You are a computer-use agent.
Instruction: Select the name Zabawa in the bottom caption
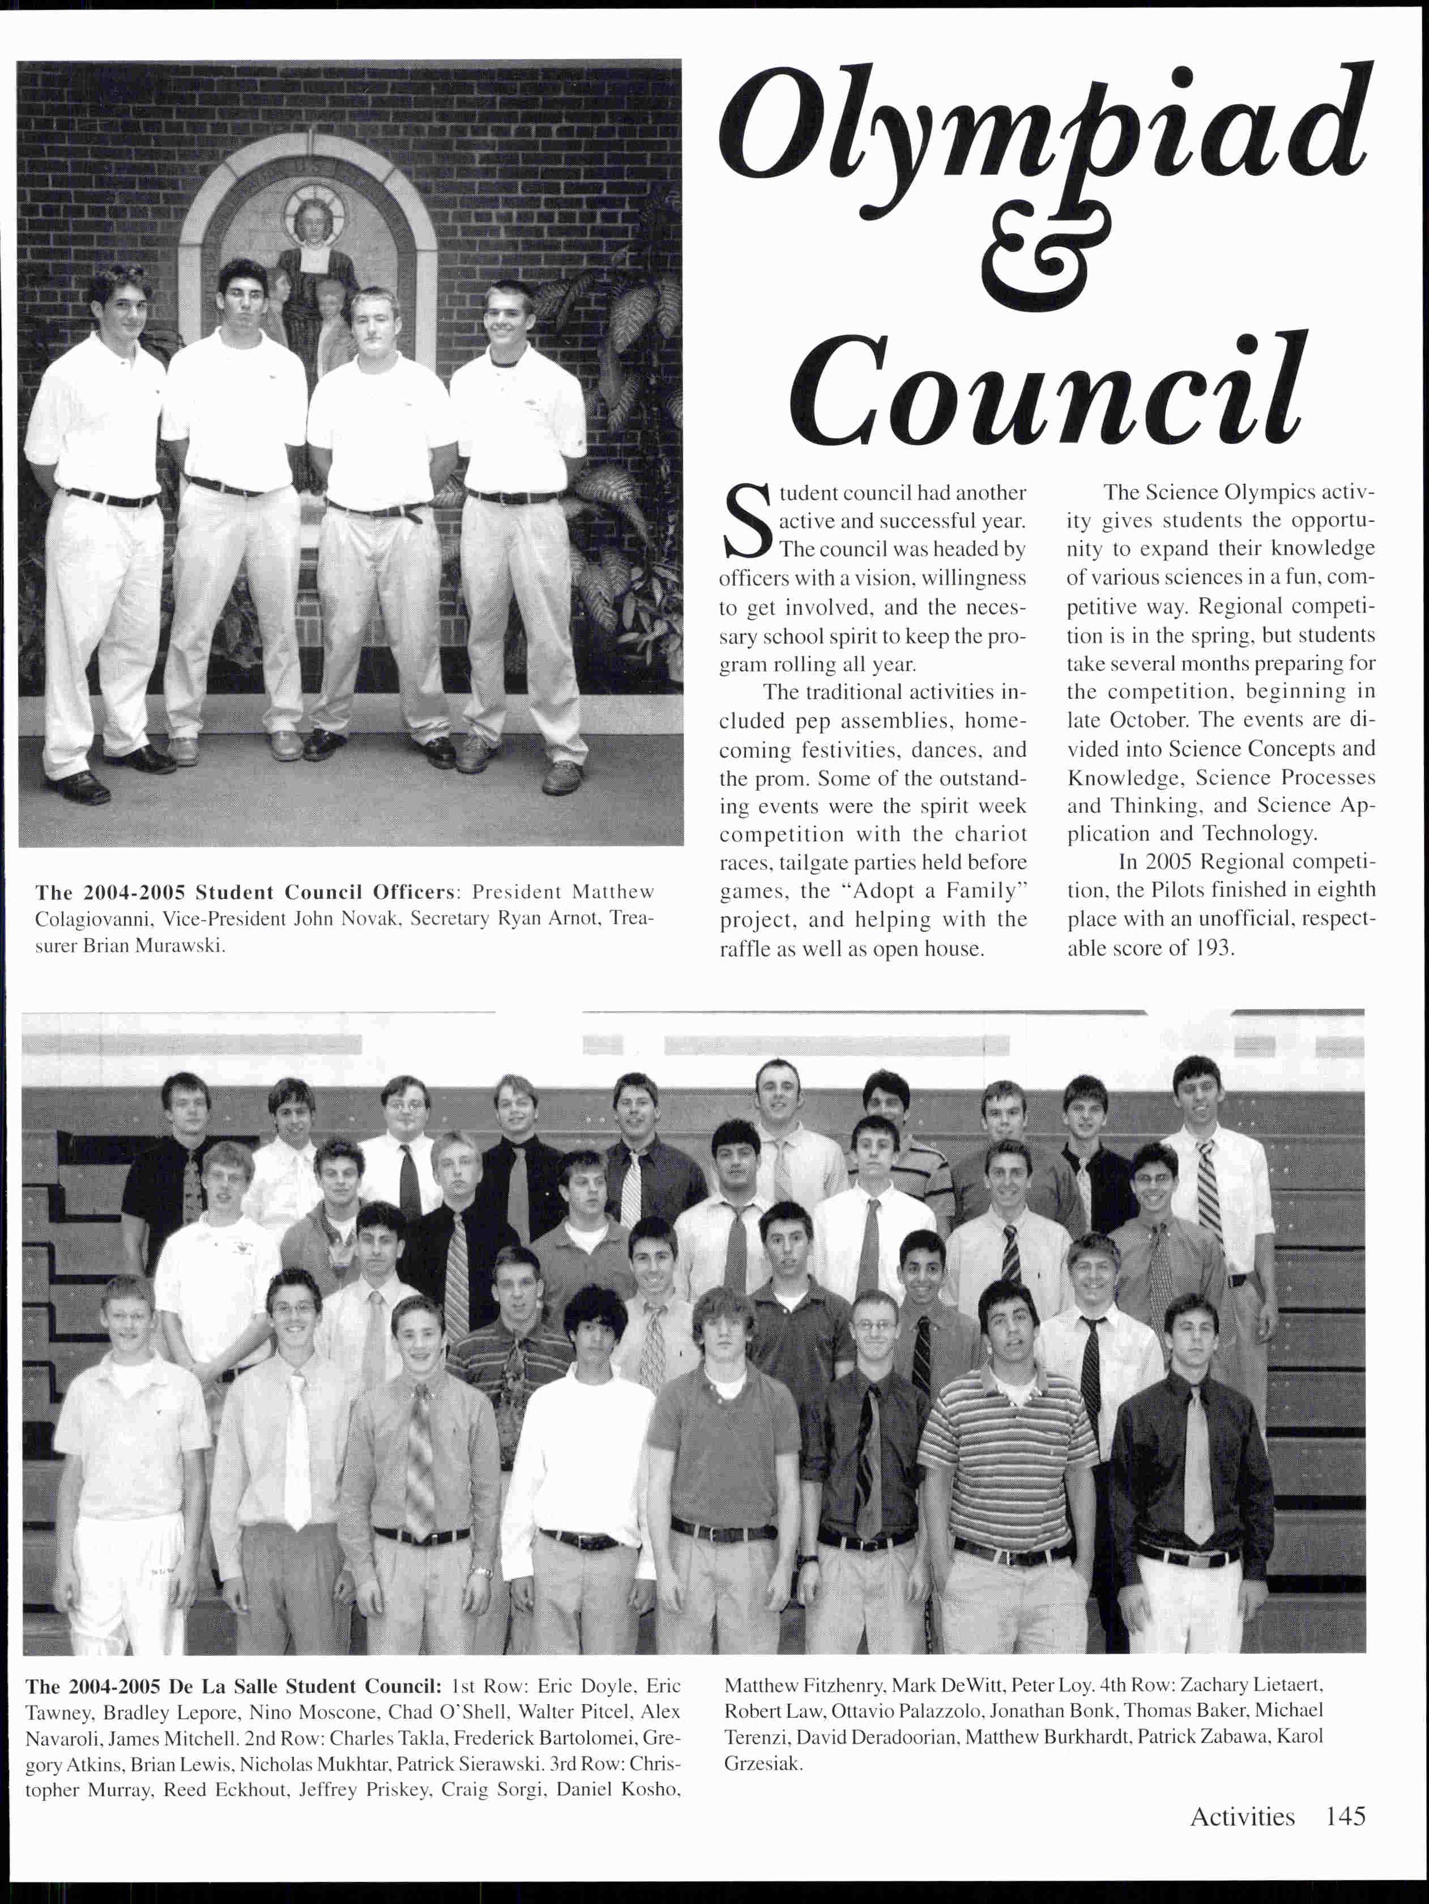point(1226,1736)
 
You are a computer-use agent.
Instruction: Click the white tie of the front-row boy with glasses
point(297,1455)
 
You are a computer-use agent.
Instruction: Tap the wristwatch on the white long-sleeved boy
point(480,1574)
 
